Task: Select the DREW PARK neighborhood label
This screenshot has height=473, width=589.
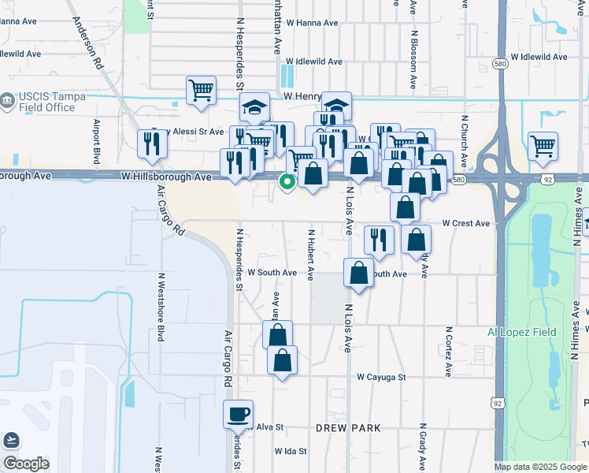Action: coord(348,428)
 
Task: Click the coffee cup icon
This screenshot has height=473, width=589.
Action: coord(238,414)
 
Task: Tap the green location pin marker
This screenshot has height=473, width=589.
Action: coord(287,182)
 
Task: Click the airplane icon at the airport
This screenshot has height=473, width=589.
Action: coord(11,440)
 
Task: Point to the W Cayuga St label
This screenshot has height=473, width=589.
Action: coord(380,378)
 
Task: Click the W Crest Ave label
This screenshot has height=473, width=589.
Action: coord(465,224)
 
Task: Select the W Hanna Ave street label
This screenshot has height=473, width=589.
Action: coord(312,24)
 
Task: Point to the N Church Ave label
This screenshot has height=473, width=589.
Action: coord(465,141)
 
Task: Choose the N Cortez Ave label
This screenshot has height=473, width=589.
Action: coord(449,351)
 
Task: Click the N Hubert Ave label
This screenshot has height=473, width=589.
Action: coord(311,255)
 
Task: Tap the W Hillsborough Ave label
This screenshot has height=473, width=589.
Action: coord(167,177)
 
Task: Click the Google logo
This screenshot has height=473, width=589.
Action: coord(26,464)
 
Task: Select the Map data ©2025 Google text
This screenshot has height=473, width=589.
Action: coord(540,467)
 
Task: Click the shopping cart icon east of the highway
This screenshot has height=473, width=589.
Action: coord(543,146)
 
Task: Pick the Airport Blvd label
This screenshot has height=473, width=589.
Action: coord(97,141)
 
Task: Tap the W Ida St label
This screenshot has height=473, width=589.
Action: coord(290,452)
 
